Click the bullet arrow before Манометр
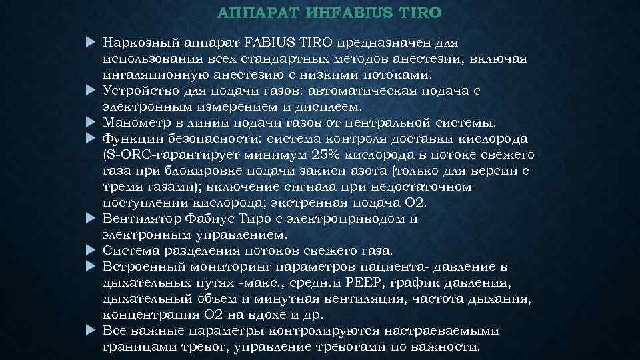(x=92, y=123)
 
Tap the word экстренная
(x=303, y=202)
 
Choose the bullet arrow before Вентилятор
(x=92, y=218)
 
